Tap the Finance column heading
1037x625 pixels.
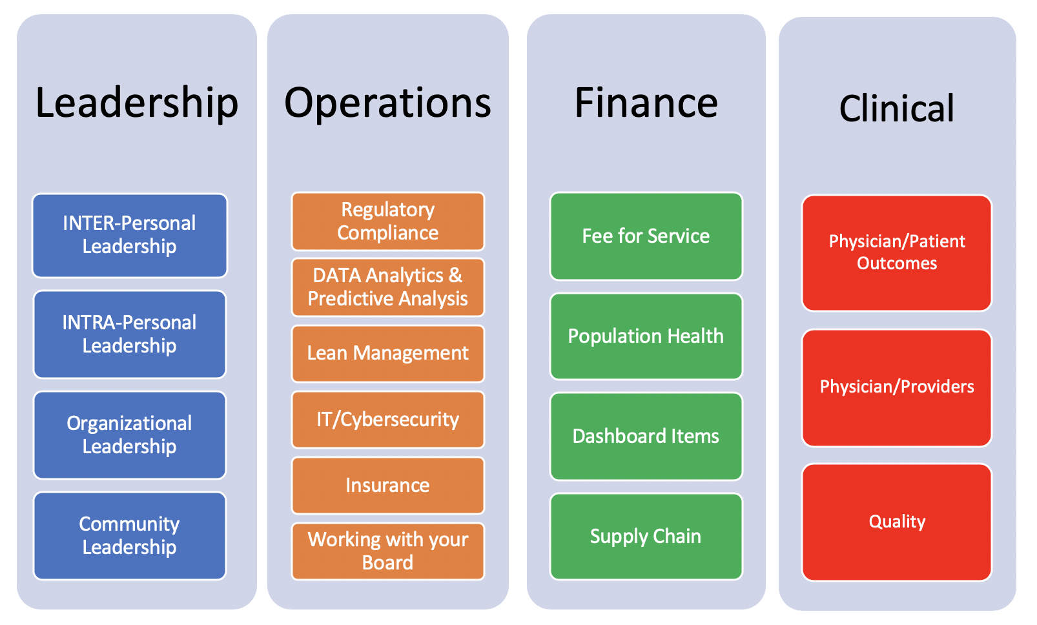646,103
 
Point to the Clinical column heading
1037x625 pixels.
897,108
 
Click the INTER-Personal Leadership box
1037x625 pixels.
130,235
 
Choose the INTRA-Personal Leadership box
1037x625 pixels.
130,334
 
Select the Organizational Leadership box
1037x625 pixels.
130,435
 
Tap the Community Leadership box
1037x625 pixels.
130,536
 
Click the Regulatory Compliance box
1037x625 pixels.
388,221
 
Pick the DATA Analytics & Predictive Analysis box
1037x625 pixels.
388,287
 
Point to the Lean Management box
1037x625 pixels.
388,353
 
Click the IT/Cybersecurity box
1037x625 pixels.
388,420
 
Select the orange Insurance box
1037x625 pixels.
388,485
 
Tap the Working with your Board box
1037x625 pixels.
388,551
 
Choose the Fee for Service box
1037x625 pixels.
646,236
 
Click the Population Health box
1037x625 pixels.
646,336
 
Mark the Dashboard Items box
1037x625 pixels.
646,436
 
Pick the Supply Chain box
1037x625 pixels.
646,536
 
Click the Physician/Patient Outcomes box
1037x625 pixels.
897,253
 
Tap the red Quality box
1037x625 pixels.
897,522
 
